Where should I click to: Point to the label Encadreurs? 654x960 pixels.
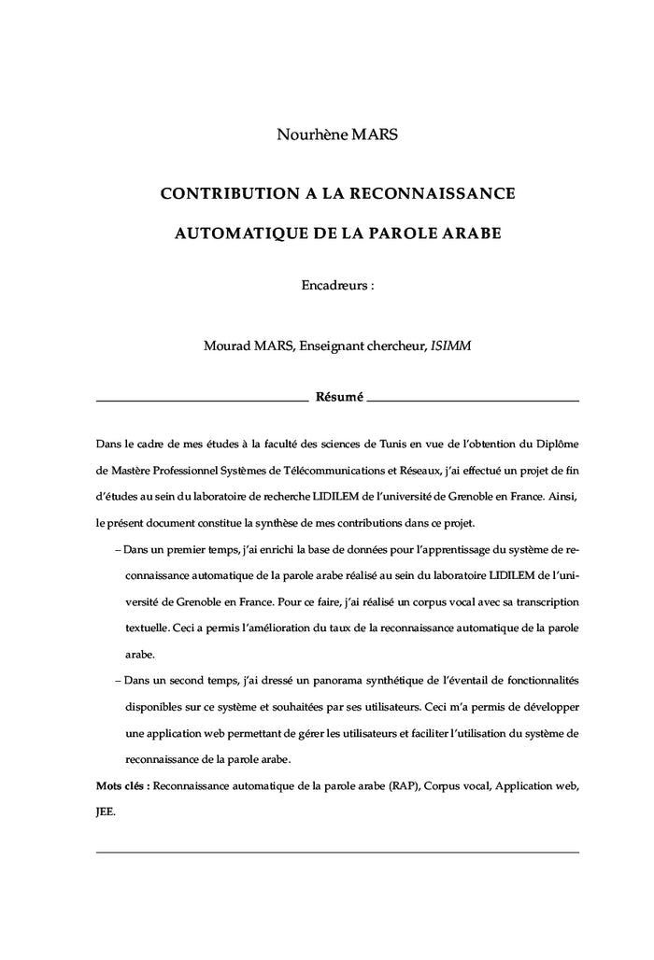[x=334, y=285]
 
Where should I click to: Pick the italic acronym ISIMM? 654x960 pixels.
[x=450, y=346]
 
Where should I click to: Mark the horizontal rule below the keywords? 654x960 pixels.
[x=337, y=852]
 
